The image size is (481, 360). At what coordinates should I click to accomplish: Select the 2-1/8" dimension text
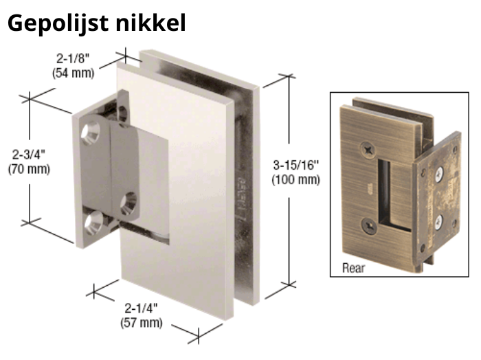pos(73,58)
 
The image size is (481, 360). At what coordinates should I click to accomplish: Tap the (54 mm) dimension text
pos(73,73)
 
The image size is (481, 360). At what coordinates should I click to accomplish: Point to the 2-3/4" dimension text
pos(29,155)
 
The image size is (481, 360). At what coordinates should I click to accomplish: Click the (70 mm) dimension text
pos(29,169)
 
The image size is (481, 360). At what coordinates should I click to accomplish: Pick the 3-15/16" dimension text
pos(296,166)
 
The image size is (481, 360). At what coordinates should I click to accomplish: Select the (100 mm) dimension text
pos(296,180)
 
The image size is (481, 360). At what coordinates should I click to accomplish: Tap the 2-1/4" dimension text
pos(142,308)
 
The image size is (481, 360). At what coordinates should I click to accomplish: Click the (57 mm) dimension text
pos(142,323)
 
